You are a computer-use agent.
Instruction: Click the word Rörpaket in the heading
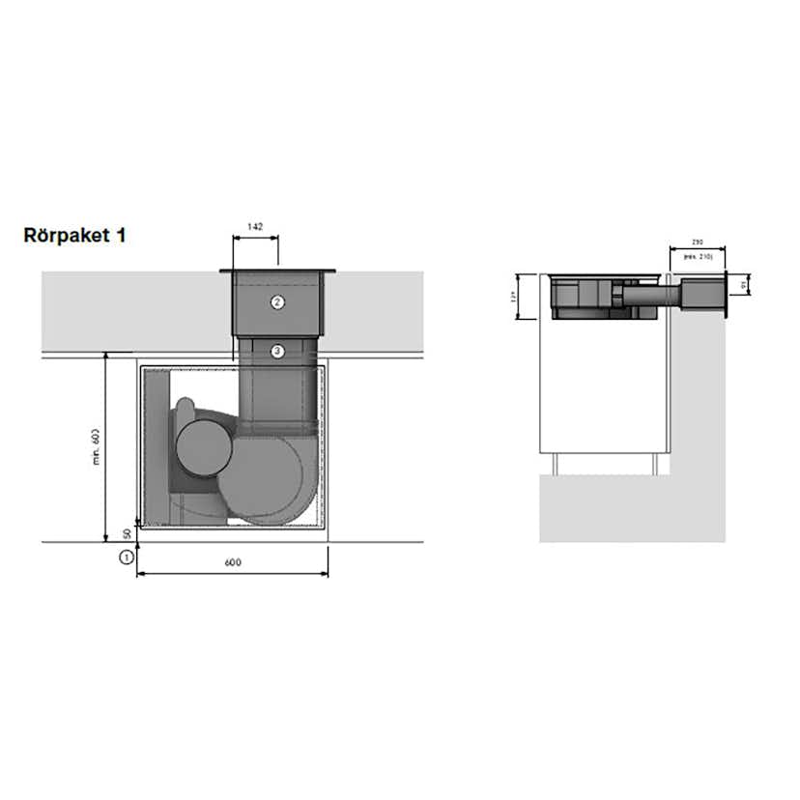(x=65, y=235)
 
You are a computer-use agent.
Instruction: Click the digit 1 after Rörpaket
(x=120, y=235)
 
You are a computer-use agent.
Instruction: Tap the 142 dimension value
(x=255, y=226)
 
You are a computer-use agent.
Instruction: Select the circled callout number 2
(x=277, y=301)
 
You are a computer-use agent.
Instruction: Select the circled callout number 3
(x=277, y=351)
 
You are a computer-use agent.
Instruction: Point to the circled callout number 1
(x=125, y=557)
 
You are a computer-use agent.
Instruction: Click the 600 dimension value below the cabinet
(x=232, y=562)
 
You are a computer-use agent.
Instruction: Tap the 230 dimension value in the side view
(x=697, y=243)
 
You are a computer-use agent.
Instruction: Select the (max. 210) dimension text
(x=697, y=257)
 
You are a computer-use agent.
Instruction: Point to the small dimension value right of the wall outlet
(x=743, y=285)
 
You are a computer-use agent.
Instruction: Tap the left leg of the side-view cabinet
(x=557, y=466)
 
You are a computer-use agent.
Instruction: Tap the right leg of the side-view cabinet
(x=654, y=466)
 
